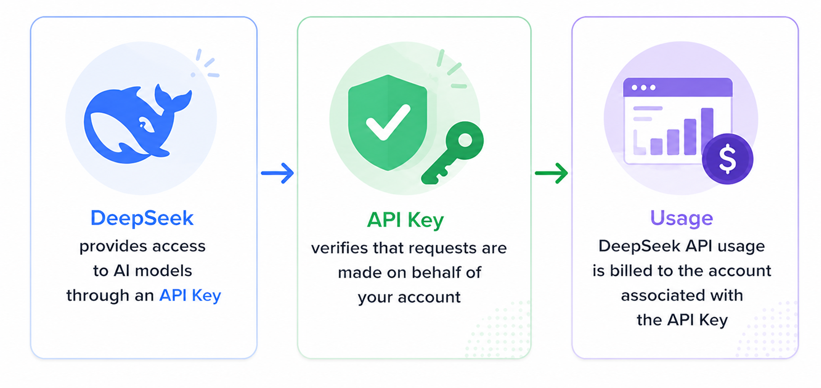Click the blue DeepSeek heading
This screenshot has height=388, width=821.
coord(142,218)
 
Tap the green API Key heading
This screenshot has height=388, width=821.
coord(406,220)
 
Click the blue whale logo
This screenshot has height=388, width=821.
coord(138,124)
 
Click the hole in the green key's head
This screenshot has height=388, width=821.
coord(465,140)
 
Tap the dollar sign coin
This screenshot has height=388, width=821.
coord(727,159)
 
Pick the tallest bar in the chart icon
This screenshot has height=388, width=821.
coord(707,131)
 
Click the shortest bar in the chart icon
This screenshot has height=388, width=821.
coord(656,147)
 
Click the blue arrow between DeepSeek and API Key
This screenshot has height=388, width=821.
coord(277,173)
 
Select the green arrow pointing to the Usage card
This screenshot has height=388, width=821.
coord(551,173)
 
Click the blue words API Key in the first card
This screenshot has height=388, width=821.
coord(190,295)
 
